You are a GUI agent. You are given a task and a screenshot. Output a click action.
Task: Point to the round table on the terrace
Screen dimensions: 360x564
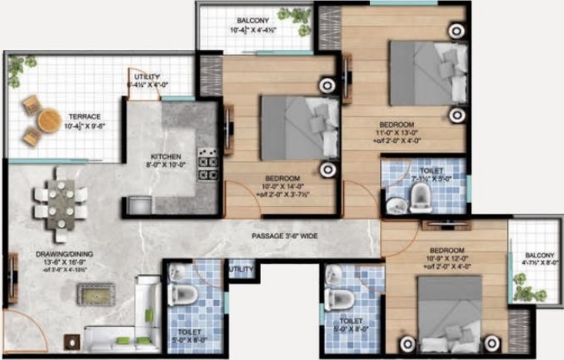48,118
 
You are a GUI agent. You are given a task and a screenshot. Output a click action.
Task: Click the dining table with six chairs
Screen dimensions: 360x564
61,205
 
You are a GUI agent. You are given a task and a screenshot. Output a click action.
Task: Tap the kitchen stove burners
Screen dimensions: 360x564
209,161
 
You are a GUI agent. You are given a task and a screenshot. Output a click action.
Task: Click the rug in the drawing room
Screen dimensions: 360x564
95,293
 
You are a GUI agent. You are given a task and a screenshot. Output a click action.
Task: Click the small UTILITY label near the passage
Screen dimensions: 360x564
240,268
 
